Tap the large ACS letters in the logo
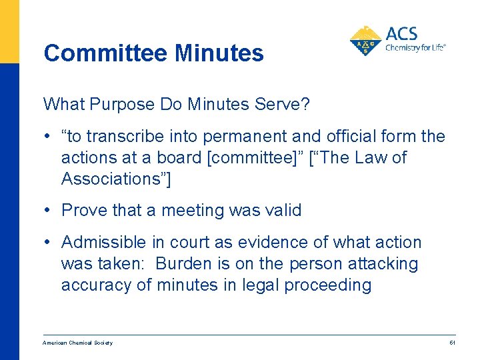402,34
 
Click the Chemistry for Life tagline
415,48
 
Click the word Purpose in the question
122,105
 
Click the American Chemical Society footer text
77,343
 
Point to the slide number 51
452,343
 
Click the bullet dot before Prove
51,211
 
